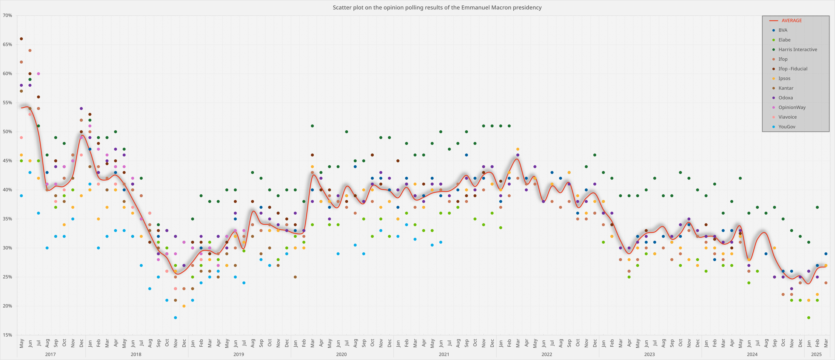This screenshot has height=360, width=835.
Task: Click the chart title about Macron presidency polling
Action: pos(437,7)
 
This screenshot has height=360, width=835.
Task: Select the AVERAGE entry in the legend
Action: pos(791,20)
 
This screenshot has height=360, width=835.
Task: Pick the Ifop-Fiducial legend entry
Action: pos(793,69)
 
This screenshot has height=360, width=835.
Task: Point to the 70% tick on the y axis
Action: pos(7,15)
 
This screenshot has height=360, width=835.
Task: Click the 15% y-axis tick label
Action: pos(7,335)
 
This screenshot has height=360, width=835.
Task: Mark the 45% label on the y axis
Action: pos(7,161)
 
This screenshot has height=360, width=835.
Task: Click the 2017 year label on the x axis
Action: pos(50,354)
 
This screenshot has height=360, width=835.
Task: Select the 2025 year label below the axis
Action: pos(816,354)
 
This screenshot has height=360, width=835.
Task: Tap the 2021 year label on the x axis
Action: pos(444,354)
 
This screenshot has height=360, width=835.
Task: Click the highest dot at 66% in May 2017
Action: pos(21,39)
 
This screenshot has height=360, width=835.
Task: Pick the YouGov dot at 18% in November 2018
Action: pos(175,318)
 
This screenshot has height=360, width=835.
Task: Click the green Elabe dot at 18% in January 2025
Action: pos(809,318)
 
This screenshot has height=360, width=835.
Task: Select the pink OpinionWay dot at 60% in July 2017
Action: pos(38,74)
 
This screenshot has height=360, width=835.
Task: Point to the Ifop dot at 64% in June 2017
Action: pos(30,50)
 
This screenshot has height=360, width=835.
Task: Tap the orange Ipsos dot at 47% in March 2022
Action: pos(518,149)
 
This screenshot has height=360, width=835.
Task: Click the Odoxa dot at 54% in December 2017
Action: pos(81,108)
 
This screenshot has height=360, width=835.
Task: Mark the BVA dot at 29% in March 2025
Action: pos(826,254)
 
